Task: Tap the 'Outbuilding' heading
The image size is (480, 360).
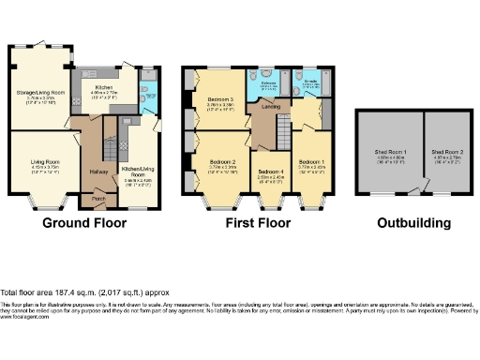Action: [x=413, y=223]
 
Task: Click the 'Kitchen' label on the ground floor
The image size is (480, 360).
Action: [x=103, y=87]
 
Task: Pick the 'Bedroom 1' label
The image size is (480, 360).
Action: [x=311, y=162]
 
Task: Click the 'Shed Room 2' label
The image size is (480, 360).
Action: [x=444, y=151]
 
